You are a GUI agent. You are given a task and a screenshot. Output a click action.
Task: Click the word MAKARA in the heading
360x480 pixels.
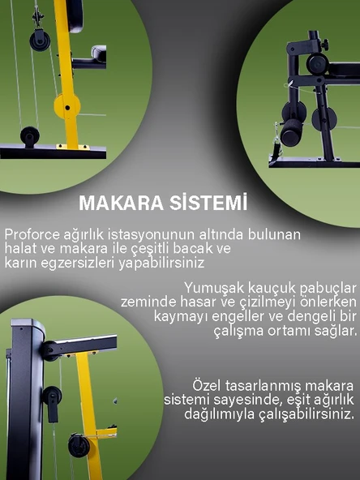(118, 202)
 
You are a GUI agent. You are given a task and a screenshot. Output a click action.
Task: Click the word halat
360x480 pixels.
(21, 248)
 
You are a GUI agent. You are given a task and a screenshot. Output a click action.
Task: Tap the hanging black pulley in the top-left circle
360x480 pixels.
(39, 41)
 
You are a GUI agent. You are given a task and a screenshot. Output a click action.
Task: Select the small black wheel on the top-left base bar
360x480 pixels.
(30, 135)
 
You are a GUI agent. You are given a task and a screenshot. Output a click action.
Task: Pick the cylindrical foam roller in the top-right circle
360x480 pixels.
(317, 64)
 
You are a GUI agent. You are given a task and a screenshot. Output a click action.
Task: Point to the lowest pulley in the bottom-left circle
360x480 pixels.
(79, 446)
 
